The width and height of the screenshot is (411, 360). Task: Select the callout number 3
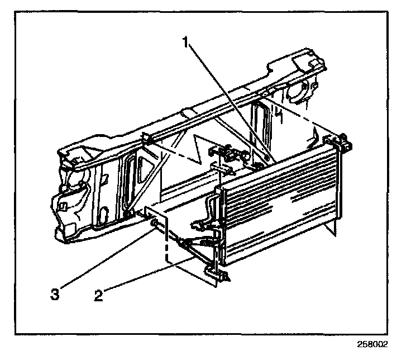(x=54, y=295)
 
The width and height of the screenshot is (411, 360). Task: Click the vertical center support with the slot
(x=260, y=129)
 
